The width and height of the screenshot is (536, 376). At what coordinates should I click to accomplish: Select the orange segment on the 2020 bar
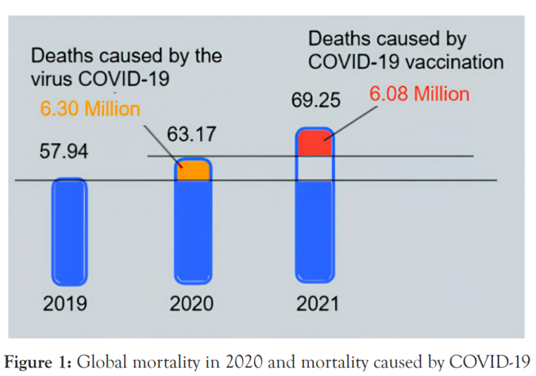[193, 171]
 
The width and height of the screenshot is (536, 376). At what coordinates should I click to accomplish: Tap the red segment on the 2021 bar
[314, 144]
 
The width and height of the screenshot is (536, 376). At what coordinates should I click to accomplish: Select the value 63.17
[190, 133]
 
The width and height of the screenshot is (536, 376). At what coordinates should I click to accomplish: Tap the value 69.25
[315, 102]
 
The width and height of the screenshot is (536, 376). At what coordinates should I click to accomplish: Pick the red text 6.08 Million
[419, 94]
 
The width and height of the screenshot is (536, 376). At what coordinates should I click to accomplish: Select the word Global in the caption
[98, 362]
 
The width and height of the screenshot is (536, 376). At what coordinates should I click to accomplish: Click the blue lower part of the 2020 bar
[193, 233]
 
